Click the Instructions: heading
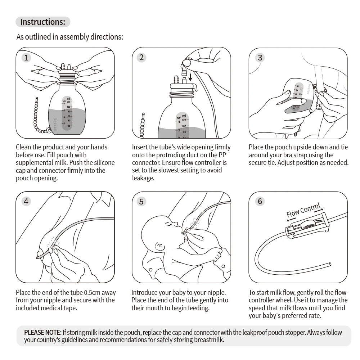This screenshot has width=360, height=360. [x=42, y=22]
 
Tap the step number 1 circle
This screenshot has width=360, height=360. [x=26, y=58]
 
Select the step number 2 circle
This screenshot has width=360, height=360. [x=141, y=58]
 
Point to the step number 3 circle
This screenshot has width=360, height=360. [x=260, y=58]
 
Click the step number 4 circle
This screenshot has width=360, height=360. [x=26, y=201]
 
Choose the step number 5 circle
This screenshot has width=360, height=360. [x=141, y=201]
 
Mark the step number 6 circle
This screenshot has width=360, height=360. [x=260, y=201]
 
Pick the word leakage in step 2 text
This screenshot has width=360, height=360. [x=143, y=178]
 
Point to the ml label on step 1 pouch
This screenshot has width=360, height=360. [x=68, y=98]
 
